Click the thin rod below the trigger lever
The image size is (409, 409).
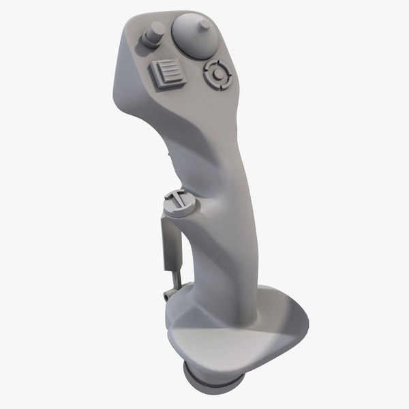coord(177,276)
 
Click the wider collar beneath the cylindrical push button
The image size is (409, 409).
coord(151,44)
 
